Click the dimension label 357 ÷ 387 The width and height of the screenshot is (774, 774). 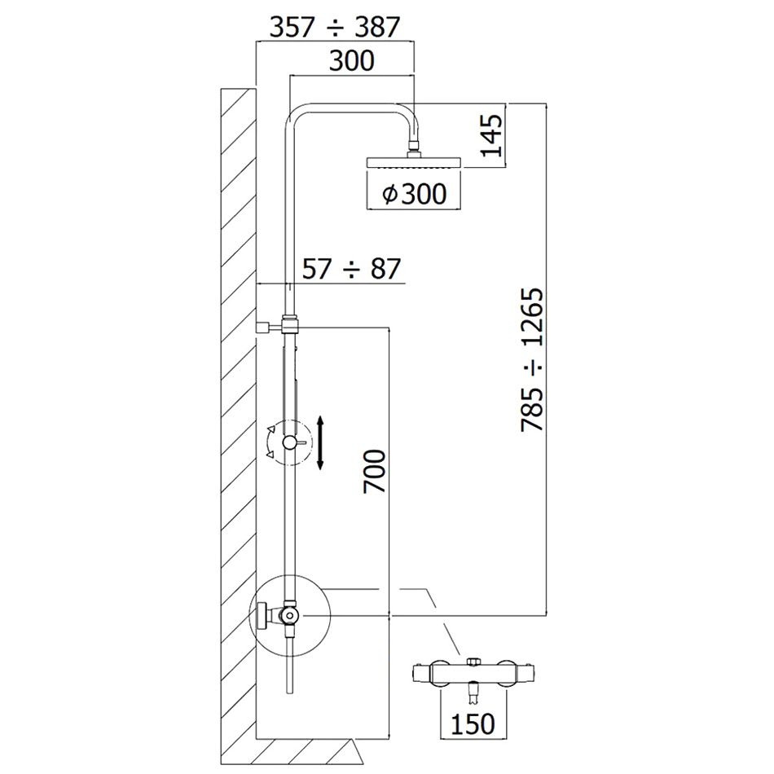tap(334, 27)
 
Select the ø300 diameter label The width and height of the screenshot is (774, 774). tap(414, 194)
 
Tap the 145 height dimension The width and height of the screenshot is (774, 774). tap(491, 135)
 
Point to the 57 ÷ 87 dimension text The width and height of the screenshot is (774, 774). tap(351, 269)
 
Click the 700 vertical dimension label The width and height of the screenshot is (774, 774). tap(374, 472)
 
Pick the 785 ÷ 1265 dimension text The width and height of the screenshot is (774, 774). tap(532, 360)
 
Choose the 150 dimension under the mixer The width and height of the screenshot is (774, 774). tap(473, 723)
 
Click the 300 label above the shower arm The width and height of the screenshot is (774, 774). tap(351, 61)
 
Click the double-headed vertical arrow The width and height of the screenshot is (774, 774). tap(320, 442)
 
